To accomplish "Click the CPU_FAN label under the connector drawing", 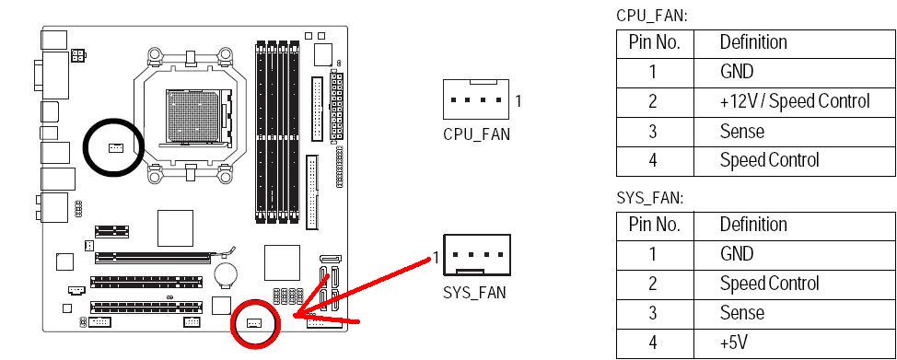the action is (x=476, y=134).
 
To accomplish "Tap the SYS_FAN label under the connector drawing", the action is (x=475, y=293).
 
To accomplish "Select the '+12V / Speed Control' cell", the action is (x=795, y=101).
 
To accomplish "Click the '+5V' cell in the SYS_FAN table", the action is (x=734, y=343).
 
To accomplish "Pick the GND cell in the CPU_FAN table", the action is (x=737, y=72).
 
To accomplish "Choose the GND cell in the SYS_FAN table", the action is (x=737, y=253).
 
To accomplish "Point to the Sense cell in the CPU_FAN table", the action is (x=742, y=131).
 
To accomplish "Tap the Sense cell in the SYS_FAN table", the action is (x=742, y=313).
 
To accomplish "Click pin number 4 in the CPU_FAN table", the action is (x=653, y=161).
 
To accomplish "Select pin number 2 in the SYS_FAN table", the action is (x=653, y=284).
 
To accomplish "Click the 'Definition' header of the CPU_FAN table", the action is (x=753, y=41).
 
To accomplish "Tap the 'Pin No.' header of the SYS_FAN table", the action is (x=655, y=224).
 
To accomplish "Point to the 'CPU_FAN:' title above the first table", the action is (x=652, y=16).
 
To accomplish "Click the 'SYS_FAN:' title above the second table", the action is (x=650, y=198).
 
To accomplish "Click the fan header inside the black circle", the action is (x=115, y=148).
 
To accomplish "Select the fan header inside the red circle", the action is (x=254, y=323).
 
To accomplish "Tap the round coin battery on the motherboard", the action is (x=226, y=273).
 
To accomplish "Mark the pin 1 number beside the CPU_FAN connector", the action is (x=518, y=101).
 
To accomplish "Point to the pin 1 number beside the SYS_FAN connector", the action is (x=436, y=258).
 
